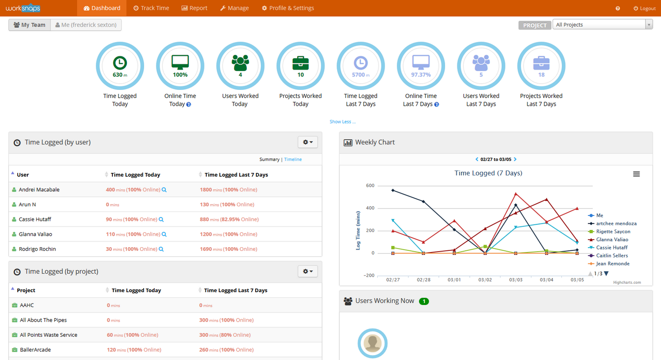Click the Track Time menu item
[151, 8]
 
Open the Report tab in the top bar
[194, 8]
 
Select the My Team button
[30, 25]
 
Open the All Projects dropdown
[602, 25]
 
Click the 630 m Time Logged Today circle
[120, 66]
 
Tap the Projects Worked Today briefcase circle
[301, 66]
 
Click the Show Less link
[342, 122]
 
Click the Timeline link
[293, 160]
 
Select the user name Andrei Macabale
[39, 189]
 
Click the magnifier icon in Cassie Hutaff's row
[161, 219]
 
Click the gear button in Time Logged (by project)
[308, 271]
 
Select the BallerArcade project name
[35, 350]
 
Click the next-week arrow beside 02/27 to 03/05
[515, 160]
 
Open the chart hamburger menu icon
[636, 174]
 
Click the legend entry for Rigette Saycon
[613, 231]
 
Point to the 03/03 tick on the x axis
[516, 280]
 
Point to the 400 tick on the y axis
[370, 208]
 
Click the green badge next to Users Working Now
[424, 301]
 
